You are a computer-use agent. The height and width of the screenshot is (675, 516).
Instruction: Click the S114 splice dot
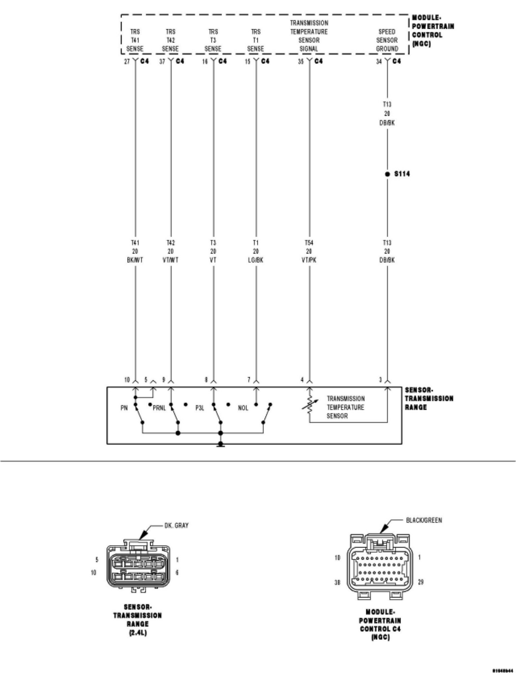[387, 174]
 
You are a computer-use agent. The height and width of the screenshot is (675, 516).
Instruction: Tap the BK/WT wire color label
[135, 260]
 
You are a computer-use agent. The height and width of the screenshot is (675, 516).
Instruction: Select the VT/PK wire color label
[309, 260]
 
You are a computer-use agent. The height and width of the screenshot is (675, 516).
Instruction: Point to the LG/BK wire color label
[256, 260]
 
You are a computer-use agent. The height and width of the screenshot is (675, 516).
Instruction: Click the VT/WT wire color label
[171, 260]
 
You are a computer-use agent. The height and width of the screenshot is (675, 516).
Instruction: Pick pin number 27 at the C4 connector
[127, 62]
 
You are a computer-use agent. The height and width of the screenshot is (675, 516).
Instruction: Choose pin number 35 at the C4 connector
[301, 62]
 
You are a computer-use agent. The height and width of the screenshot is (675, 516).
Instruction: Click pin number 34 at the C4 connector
[379, 62]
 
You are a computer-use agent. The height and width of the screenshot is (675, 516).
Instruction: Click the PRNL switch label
[159, 408]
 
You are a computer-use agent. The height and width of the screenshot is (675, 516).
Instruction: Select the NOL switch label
[243, 408]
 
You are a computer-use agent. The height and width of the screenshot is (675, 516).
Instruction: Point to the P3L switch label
[200, 408]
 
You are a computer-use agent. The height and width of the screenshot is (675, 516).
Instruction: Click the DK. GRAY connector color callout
[177, 525]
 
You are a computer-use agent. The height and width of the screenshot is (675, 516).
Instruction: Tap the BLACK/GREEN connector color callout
[424, 520]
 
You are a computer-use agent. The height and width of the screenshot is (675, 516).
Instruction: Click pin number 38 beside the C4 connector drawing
[337, 582]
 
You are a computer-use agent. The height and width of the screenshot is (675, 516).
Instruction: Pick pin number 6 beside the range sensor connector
[177, 572]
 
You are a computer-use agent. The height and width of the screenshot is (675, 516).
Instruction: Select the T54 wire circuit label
[309, 243]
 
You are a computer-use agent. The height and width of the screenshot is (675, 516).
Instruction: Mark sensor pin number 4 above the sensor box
[303, 380]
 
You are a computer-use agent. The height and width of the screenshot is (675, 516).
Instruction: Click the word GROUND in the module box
[387, 49]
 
